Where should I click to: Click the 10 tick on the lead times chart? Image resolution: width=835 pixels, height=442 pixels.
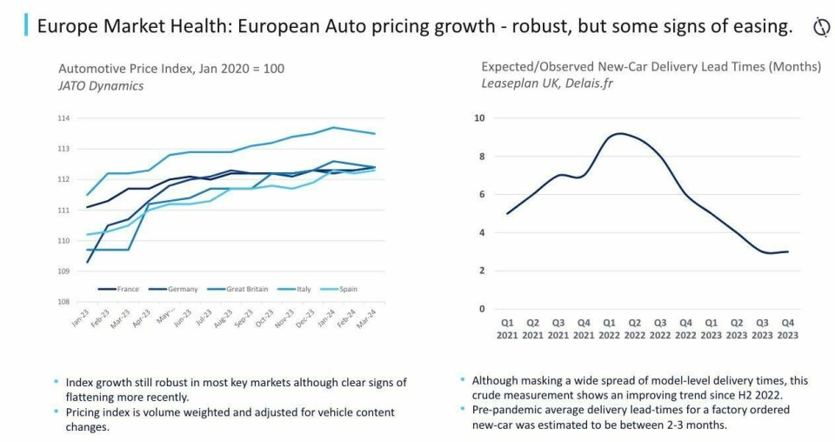pyautogui.click(x=478, y=118)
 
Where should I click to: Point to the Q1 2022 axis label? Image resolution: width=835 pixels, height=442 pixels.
pyautogui.click(x=609, y=328)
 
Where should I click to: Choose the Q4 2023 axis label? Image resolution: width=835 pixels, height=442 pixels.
pyautogui.click(x=788, y=328)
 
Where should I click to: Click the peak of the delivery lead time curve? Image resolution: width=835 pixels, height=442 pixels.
pyautogui.click(x=618, y=133)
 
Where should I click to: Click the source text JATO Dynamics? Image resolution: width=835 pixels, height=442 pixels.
pyautogui.click(x=101, y=86)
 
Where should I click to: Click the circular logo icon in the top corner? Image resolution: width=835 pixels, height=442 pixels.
pyautogui.click(x=820, y=27)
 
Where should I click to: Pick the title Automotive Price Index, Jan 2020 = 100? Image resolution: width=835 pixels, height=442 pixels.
pyautogui.click(x=171, y=69)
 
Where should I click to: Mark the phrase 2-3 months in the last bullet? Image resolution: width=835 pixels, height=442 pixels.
pyautogui.click(x=688, y=425)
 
